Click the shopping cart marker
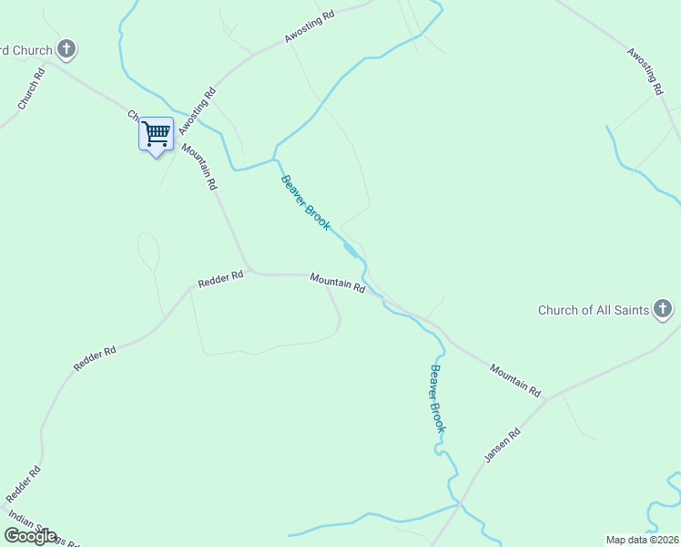156,135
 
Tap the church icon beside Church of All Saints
663,310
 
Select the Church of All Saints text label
593,310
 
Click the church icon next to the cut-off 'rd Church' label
66,48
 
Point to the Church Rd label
31,89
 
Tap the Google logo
30,535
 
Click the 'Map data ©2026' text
643,540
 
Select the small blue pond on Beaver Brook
350,249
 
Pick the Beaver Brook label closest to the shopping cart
305,202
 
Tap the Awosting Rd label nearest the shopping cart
198,108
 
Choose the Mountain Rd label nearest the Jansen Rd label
515,379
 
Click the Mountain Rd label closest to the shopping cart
200,167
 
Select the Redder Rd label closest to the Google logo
25,484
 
